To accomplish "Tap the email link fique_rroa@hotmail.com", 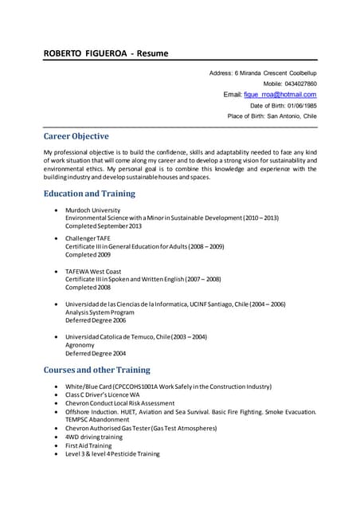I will coord(280,94).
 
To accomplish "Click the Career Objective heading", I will coord(76,136).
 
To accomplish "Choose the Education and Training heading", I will coord(89,194).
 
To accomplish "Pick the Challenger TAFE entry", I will coord(89,238).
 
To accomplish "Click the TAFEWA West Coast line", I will coord(94,271).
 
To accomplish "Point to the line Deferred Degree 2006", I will coord(96,320).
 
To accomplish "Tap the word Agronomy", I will coord(80,345).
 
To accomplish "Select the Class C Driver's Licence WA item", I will coord(103,394).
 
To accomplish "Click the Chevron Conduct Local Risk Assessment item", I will coord(120,403).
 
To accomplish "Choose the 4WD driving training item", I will coord(94,437).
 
